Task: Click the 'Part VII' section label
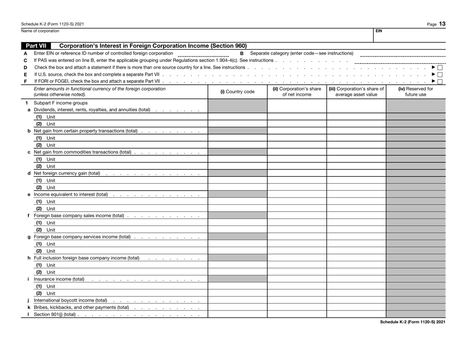point(37,46)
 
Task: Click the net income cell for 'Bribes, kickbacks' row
point(296,307)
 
